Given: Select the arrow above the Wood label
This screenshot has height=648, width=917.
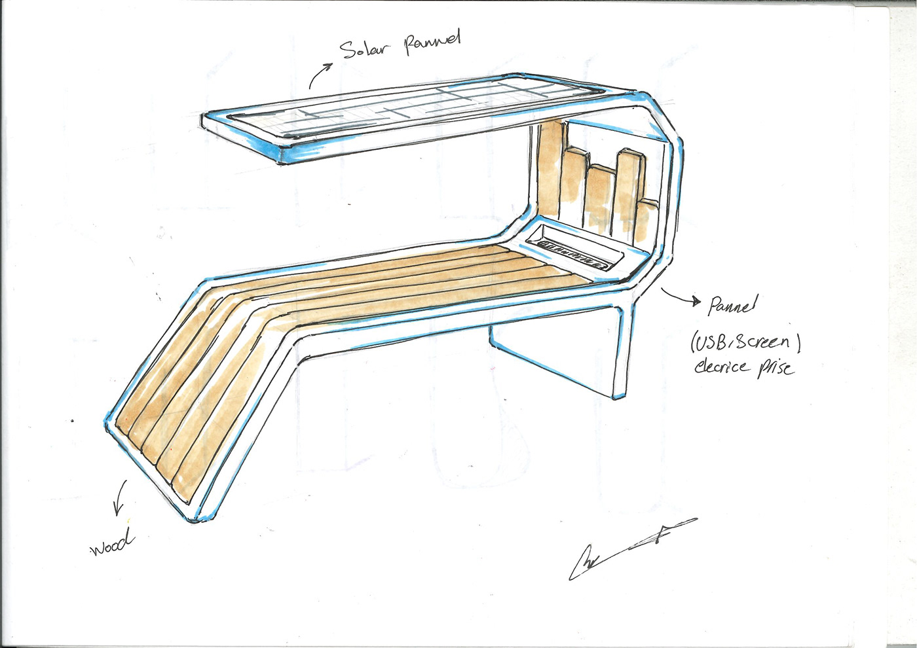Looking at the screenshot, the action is (119, 501).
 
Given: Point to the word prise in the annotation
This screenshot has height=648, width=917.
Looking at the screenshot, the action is (776, 369).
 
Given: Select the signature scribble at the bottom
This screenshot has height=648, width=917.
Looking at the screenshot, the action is (629, 547).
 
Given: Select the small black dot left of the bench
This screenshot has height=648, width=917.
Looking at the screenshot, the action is (72, 421).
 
